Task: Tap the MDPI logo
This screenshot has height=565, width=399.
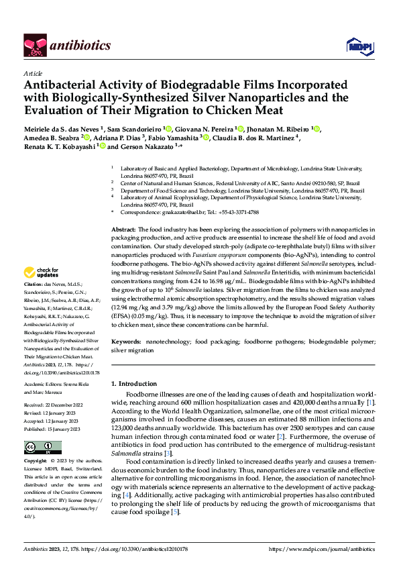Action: (x=356, y=46)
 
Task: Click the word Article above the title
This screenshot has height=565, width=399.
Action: (x=33, y=73)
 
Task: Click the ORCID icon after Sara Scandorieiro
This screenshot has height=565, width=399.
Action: (x=168, y=129)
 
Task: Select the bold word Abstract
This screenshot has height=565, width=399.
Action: (x=123, y=229)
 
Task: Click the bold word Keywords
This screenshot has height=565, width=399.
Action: (x=126, y=342)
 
